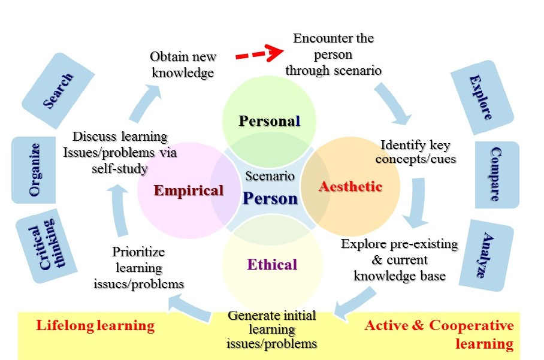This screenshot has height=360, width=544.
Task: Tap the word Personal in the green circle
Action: click(x=269, y=121)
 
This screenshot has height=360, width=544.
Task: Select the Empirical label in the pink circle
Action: click(x=188, y=191)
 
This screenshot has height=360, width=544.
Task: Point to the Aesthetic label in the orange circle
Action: click(x=350, y=186)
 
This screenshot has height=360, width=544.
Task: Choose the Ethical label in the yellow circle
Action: click(x=272, y=264)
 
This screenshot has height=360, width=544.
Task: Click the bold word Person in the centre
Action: click(x=270, y=199)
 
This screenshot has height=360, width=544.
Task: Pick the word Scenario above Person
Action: click(x=270, y=176)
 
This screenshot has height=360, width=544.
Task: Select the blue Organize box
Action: click(x=34, y=170)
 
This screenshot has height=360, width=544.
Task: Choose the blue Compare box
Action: click(x=495, y=174)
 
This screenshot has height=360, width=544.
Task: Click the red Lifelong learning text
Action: click(x=95, y=326)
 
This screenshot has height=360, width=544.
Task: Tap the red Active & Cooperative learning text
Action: click(x=439, y=335)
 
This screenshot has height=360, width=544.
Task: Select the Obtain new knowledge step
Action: click(x=183, y=65)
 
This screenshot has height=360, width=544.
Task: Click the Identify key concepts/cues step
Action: click(x=415, y=152)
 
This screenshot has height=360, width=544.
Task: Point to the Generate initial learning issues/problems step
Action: click(x=271, y=329)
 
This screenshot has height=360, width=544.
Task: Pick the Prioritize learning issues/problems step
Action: click(x=139, y=268)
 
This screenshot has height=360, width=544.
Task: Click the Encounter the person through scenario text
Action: click(x=333, y=55)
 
